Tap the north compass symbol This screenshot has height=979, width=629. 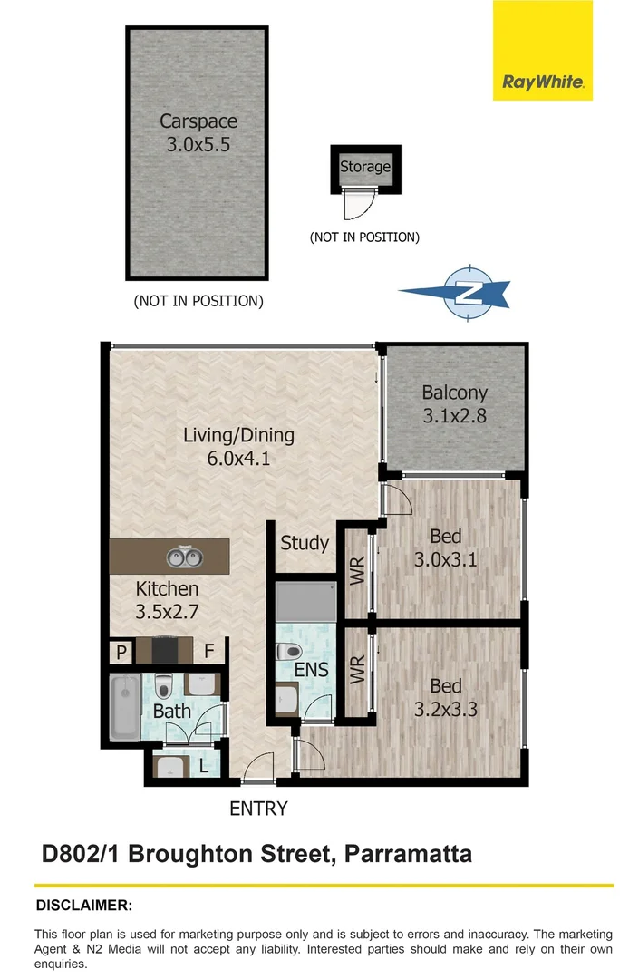(469, 292)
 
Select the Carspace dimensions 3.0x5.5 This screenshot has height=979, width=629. (198, 143)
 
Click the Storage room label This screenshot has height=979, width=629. (364, 167)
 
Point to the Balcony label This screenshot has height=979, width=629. (454, 393)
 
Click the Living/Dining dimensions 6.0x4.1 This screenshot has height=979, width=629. (239, 459)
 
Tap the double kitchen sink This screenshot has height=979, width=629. (182, 555)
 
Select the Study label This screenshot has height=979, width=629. (304, 543)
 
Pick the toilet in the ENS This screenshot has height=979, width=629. (289, 651)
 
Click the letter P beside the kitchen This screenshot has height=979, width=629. (119, 652)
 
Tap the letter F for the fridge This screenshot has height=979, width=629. (208, 651)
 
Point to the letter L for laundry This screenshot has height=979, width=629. (204, 767)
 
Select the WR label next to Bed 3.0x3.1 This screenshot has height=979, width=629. (357, 573)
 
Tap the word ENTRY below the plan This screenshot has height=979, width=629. (258, 808)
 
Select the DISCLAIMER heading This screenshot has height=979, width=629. (83, 905)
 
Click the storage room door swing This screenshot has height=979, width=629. (360, 207)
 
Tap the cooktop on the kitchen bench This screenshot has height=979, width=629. (163, 651)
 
